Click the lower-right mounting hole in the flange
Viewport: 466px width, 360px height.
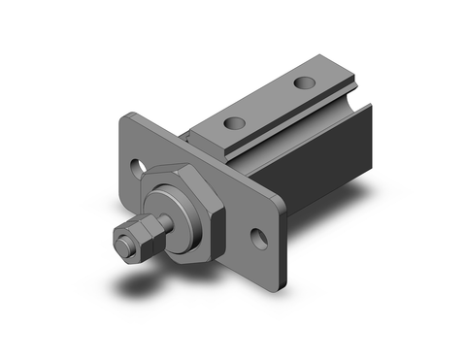[259, 237]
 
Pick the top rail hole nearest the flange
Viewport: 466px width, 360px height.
[234, 123]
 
